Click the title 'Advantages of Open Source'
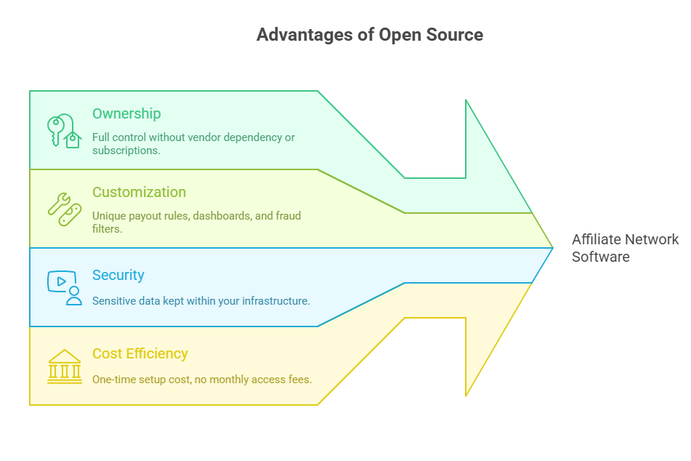(369, 35)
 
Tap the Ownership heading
(126, 114)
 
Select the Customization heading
(139, 193)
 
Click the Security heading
(118, 276)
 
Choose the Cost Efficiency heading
(140, 354)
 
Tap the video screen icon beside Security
(64, 287)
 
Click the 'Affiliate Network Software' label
(625, 248)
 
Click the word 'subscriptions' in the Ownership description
(125, 151)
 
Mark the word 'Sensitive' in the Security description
(114, 300)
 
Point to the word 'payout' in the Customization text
(146, 216)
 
